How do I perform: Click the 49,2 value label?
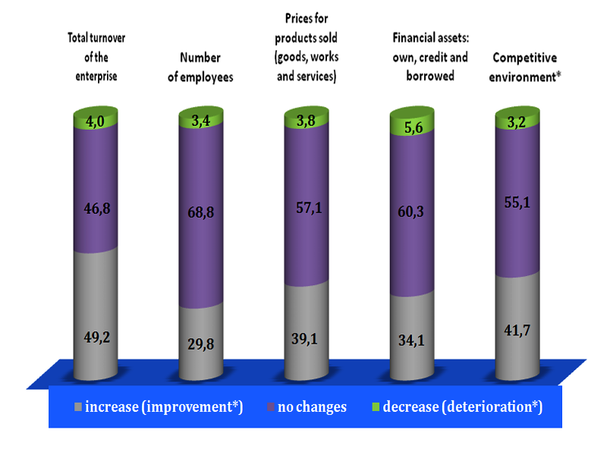[x=96, y=337]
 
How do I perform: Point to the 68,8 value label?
[x=201, y=215]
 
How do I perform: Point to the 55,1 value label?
[x=517, y=202]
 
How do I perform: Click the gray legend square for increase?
[x=78, y=407]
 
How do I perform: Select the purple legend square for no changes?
[x=271, y=407]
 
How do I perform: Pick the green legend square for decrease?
[x=375, y=407]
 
